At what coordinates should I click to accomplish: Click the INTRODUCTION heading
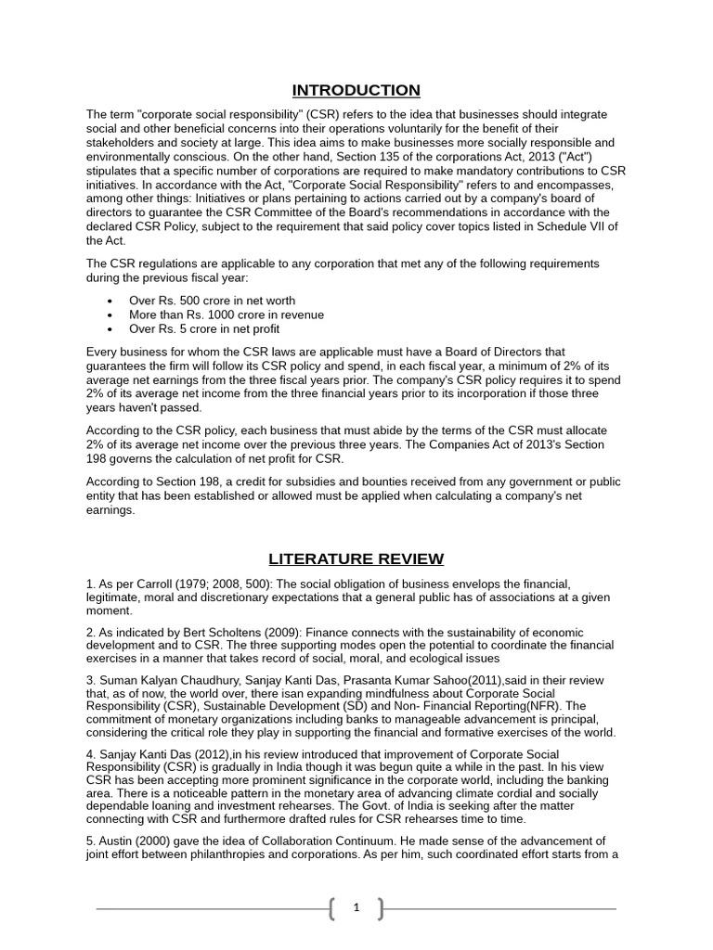click(356, 90)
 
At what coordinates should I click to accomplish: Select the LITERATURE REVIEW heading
click(356, 558)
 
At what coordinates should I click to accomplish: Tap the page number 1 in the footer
click(356, 908)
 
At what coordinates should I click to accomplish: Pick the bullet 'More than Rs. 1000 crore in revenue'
click(227, 315)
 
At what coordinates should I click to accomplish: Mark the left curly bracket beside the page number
click(332, 909)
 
